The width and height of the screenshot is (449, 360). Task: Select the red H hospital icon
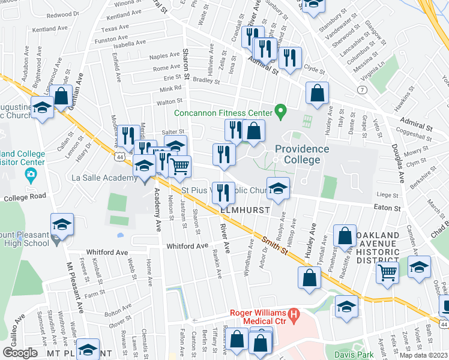point(293,313)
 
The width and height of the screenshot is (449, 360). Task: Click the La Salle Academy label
point(97,178)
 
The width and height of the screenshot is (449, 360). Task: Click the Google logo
point(20,353)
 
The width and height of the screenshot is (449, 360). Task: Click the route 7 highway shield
point(362,89)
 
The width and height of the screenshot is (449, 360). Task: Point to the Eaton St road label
point(388,208)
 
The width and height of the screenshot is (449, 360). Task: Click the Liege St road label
point(388,195)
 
